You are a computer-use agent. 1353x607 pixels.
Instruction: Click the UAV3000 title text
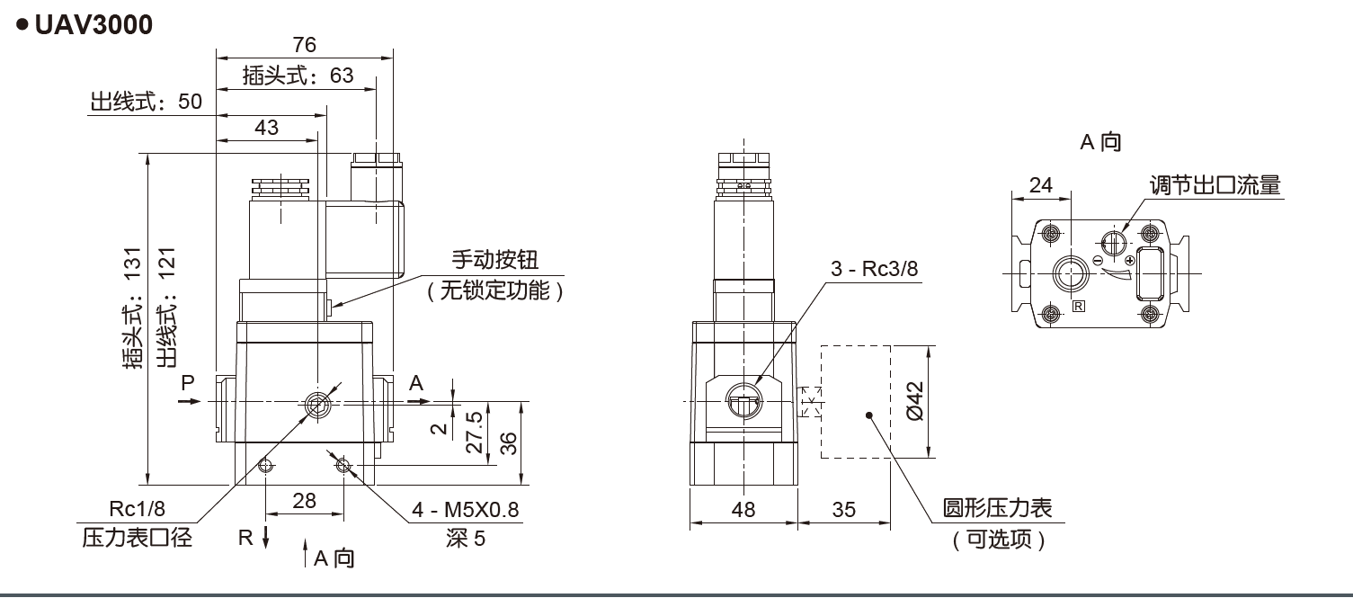(93, 25)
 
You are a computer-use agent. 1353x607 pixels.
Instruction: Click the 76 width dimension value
(305, 46)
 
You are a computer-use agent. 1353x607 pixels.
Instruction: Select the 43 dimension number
(266, 128)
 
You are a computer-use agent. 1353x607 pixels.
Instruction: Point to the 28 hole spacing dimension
(305, 501)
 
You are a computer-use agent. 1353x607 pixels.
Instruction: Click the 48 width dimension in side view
(743, 510)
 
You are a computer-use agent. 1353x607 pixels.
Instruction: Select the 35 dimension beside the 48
(843, 510)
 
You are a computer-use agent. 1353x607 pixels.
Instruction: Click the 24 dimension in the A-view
(1040, 185)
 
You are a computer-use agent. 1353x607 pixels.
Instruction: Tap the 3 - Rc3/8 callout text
(877, 268)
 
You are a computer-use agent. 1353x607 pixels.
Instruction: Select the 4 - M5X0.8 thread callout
(466, 510)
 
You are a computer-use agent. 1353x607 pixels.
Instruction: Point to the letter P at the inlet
(188, 382)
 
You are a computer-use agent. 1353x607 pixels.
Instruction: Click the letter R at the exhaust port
(245, 538)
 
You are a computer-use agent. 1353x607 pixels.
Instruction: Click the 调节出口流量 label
(1215, 185)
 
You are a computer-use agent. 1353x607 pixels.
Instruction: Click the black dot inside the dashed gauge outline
(869, 415)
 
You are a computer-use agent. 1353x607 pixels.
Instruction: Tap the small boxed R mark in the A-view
(1079, 307)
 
